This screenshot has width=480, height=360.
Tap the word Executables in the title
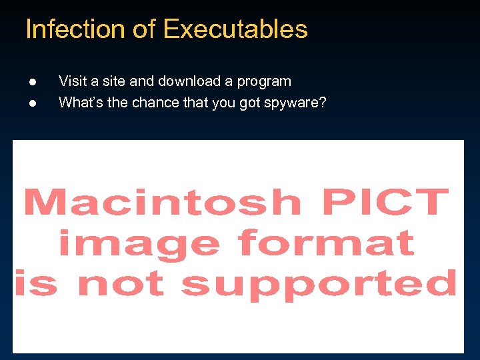[x=235, y=29]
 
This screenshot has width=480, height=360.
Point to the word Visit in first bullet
[x=73, y=81]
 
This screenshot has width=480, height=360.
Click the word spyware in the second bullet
[x=291, y=103]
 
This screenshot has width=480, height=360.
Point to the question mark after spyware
[x=323, y=103]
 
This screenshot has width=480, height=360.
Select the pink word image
[x=139, y=243]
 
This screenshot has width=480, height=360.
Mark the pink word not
[x=121, y=283]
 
